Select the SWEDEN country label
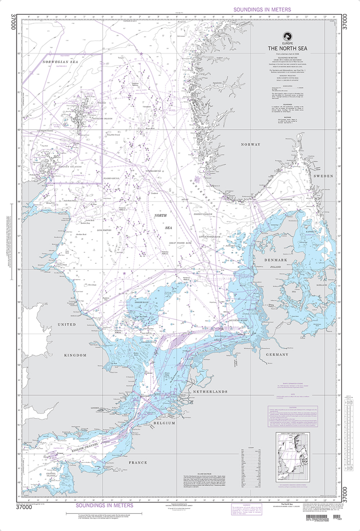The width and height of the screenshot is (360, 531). [x=323, y=176]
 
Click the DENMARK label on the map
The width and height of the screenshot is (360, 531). [x=275, y=260]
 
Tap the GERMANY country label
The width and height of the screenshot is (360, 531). [x=276, y=354]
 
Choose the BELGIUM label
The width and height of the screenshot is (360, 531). [x=164, y=423]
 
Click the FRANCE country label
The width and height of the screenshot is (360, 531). [x=138, y=462]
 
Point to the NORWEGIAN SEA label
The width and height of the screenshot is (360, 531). [x=60, y=62]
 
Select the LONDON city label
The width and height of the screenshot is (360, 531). [x=94, y=408]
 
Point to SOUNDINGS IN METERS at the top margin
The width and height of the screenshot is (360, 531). [x=262, y=9]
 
